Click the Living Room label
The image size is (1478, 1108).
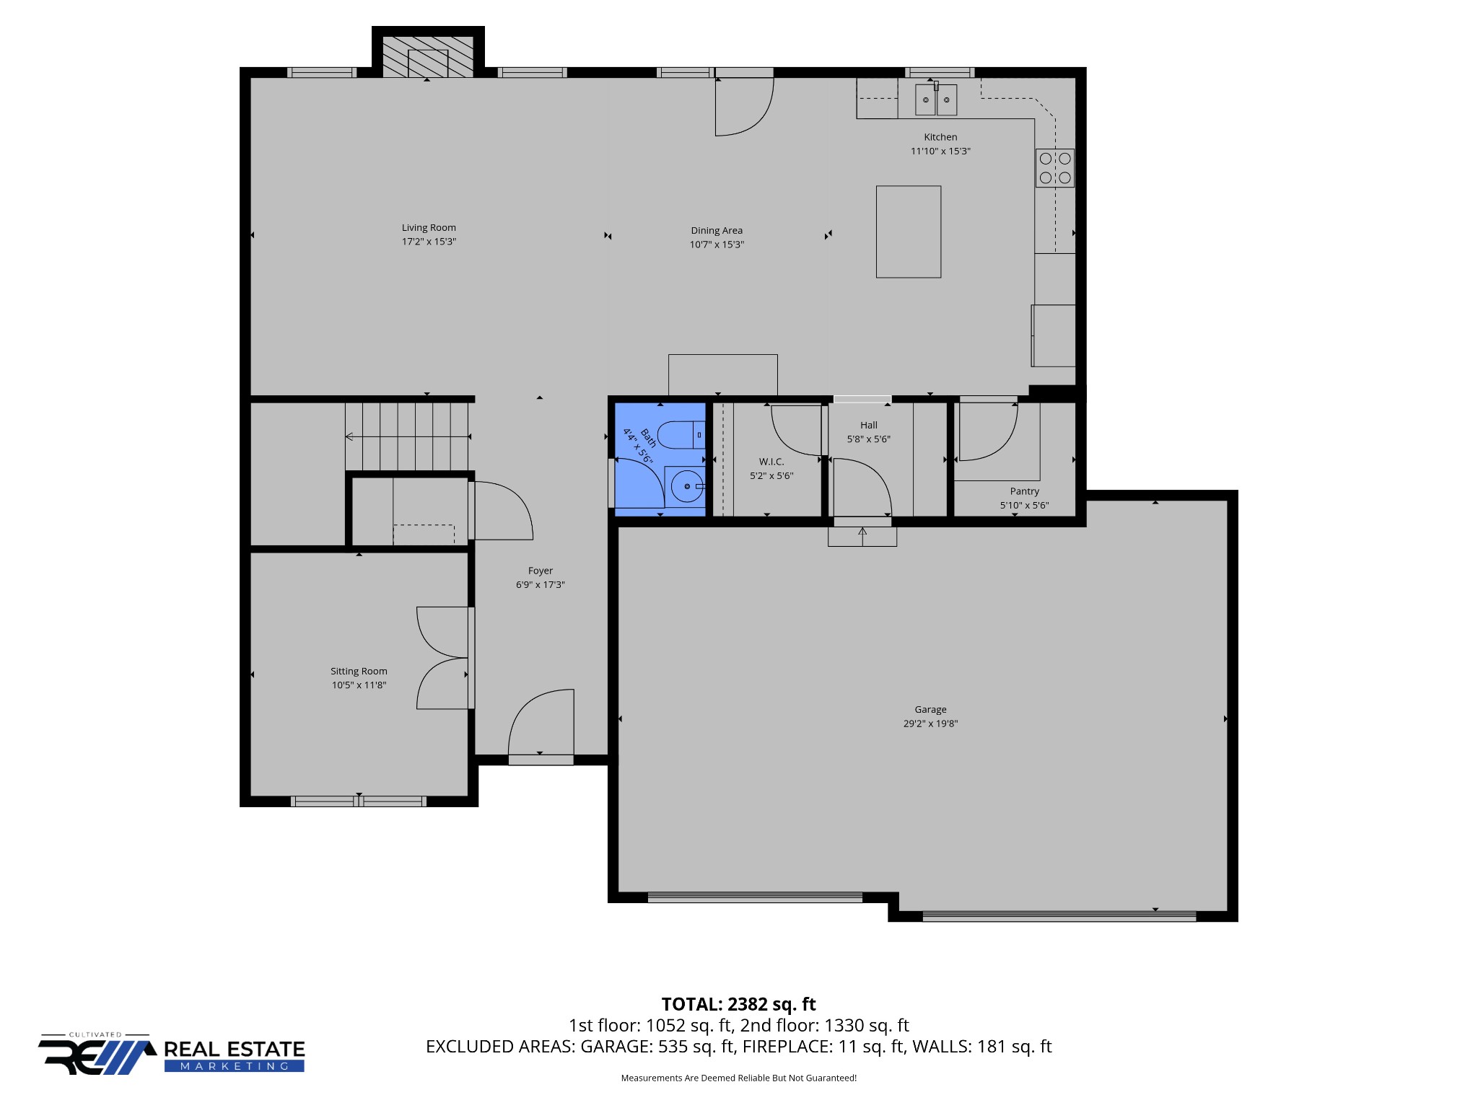429,228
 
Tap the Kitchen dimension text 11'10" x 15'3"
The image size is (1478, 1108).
940,151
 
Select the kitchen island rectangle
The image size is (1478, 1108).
909,232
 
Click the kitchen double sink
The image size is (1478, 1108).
936,100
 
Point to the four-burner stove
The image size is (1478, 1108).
1055,168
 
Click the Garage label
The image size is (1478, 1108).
930,710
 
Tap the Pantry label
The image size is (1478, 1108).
1024,491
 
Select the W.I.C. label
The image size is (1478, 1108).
771,462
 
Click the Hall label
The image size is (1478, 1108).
869,426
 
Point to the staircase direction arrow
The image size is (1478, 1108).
408,436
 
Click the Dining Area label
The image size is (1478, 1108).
717,231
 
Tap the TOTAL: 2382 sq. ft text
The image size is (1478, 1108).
738,1004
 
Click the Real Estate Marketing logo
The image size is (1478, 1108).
172,1054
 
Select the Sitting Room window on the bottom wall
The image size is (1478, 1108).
359,801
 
